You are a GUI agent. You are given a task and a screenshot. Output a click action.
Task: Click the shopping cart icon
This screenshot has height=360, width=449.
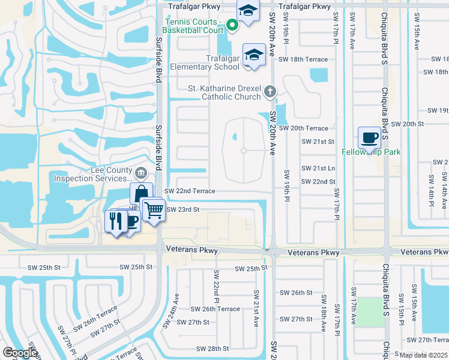[154, 209]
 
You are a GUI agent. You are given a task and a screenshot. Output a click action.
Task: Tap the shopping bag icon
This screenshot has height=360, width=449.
[140, 194]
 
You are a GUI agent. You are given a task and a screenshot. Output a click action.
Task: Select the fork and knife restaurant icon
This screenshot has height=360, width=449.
[115, 220]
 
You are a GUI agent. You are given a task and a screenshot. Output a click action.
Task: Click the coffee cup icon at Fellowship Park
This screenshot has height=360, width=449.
[369, 138]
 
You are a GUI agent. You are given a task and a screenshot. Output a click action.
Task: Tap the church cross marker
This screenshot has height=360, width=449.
[270, 91]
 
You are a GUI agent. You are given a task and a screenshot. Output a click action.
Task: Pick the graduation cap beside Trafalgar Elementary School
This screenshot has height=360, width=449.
[254, 54]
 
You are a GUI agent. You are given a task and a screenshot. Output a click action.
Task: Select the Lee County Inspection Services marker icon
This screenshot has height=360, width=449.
[140, 174]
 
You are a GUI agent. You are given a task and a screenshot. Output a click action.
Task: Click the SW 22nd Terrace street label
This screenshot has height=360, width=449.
[190, 191]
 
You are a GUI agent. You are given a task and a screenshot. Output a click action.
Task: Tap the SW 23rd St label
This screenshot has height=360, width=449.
[182, 209]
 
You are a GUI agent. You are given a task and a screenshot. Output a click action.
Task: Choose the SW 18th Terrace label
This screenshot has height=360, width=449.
[303, 60]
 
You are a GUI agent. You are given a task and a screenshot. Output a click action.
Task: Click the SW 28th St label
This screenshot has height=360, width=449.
[209, 348]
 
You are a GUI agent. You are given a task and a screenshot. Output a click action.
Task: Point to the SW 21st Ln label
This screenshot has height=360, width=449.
[318, 168]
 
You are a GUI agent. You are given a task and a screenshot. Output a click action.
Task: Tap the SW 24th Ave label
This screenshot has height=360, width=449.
[176, 306]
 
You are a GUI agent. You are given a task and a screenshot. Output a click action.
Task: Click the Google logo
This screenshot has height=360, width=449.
[20, 353]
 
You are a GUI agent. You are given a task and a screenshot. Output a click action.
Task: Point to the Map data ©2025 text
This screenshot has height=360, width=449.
[424, 355]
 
